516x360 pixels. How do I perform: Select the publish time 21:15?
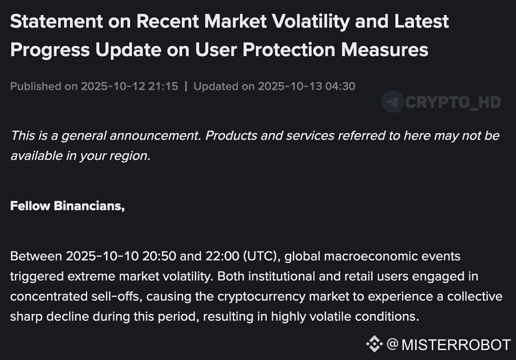163,86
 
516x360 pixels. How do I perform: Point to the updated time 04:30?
340,86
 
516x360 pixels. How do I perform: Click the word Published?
35,86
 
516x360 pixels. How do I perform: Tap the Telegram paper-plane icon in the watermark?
393,102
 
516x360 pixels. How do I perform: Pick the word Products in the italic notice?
232,135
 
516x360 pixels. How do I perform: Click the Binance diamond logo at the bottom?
374,344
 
